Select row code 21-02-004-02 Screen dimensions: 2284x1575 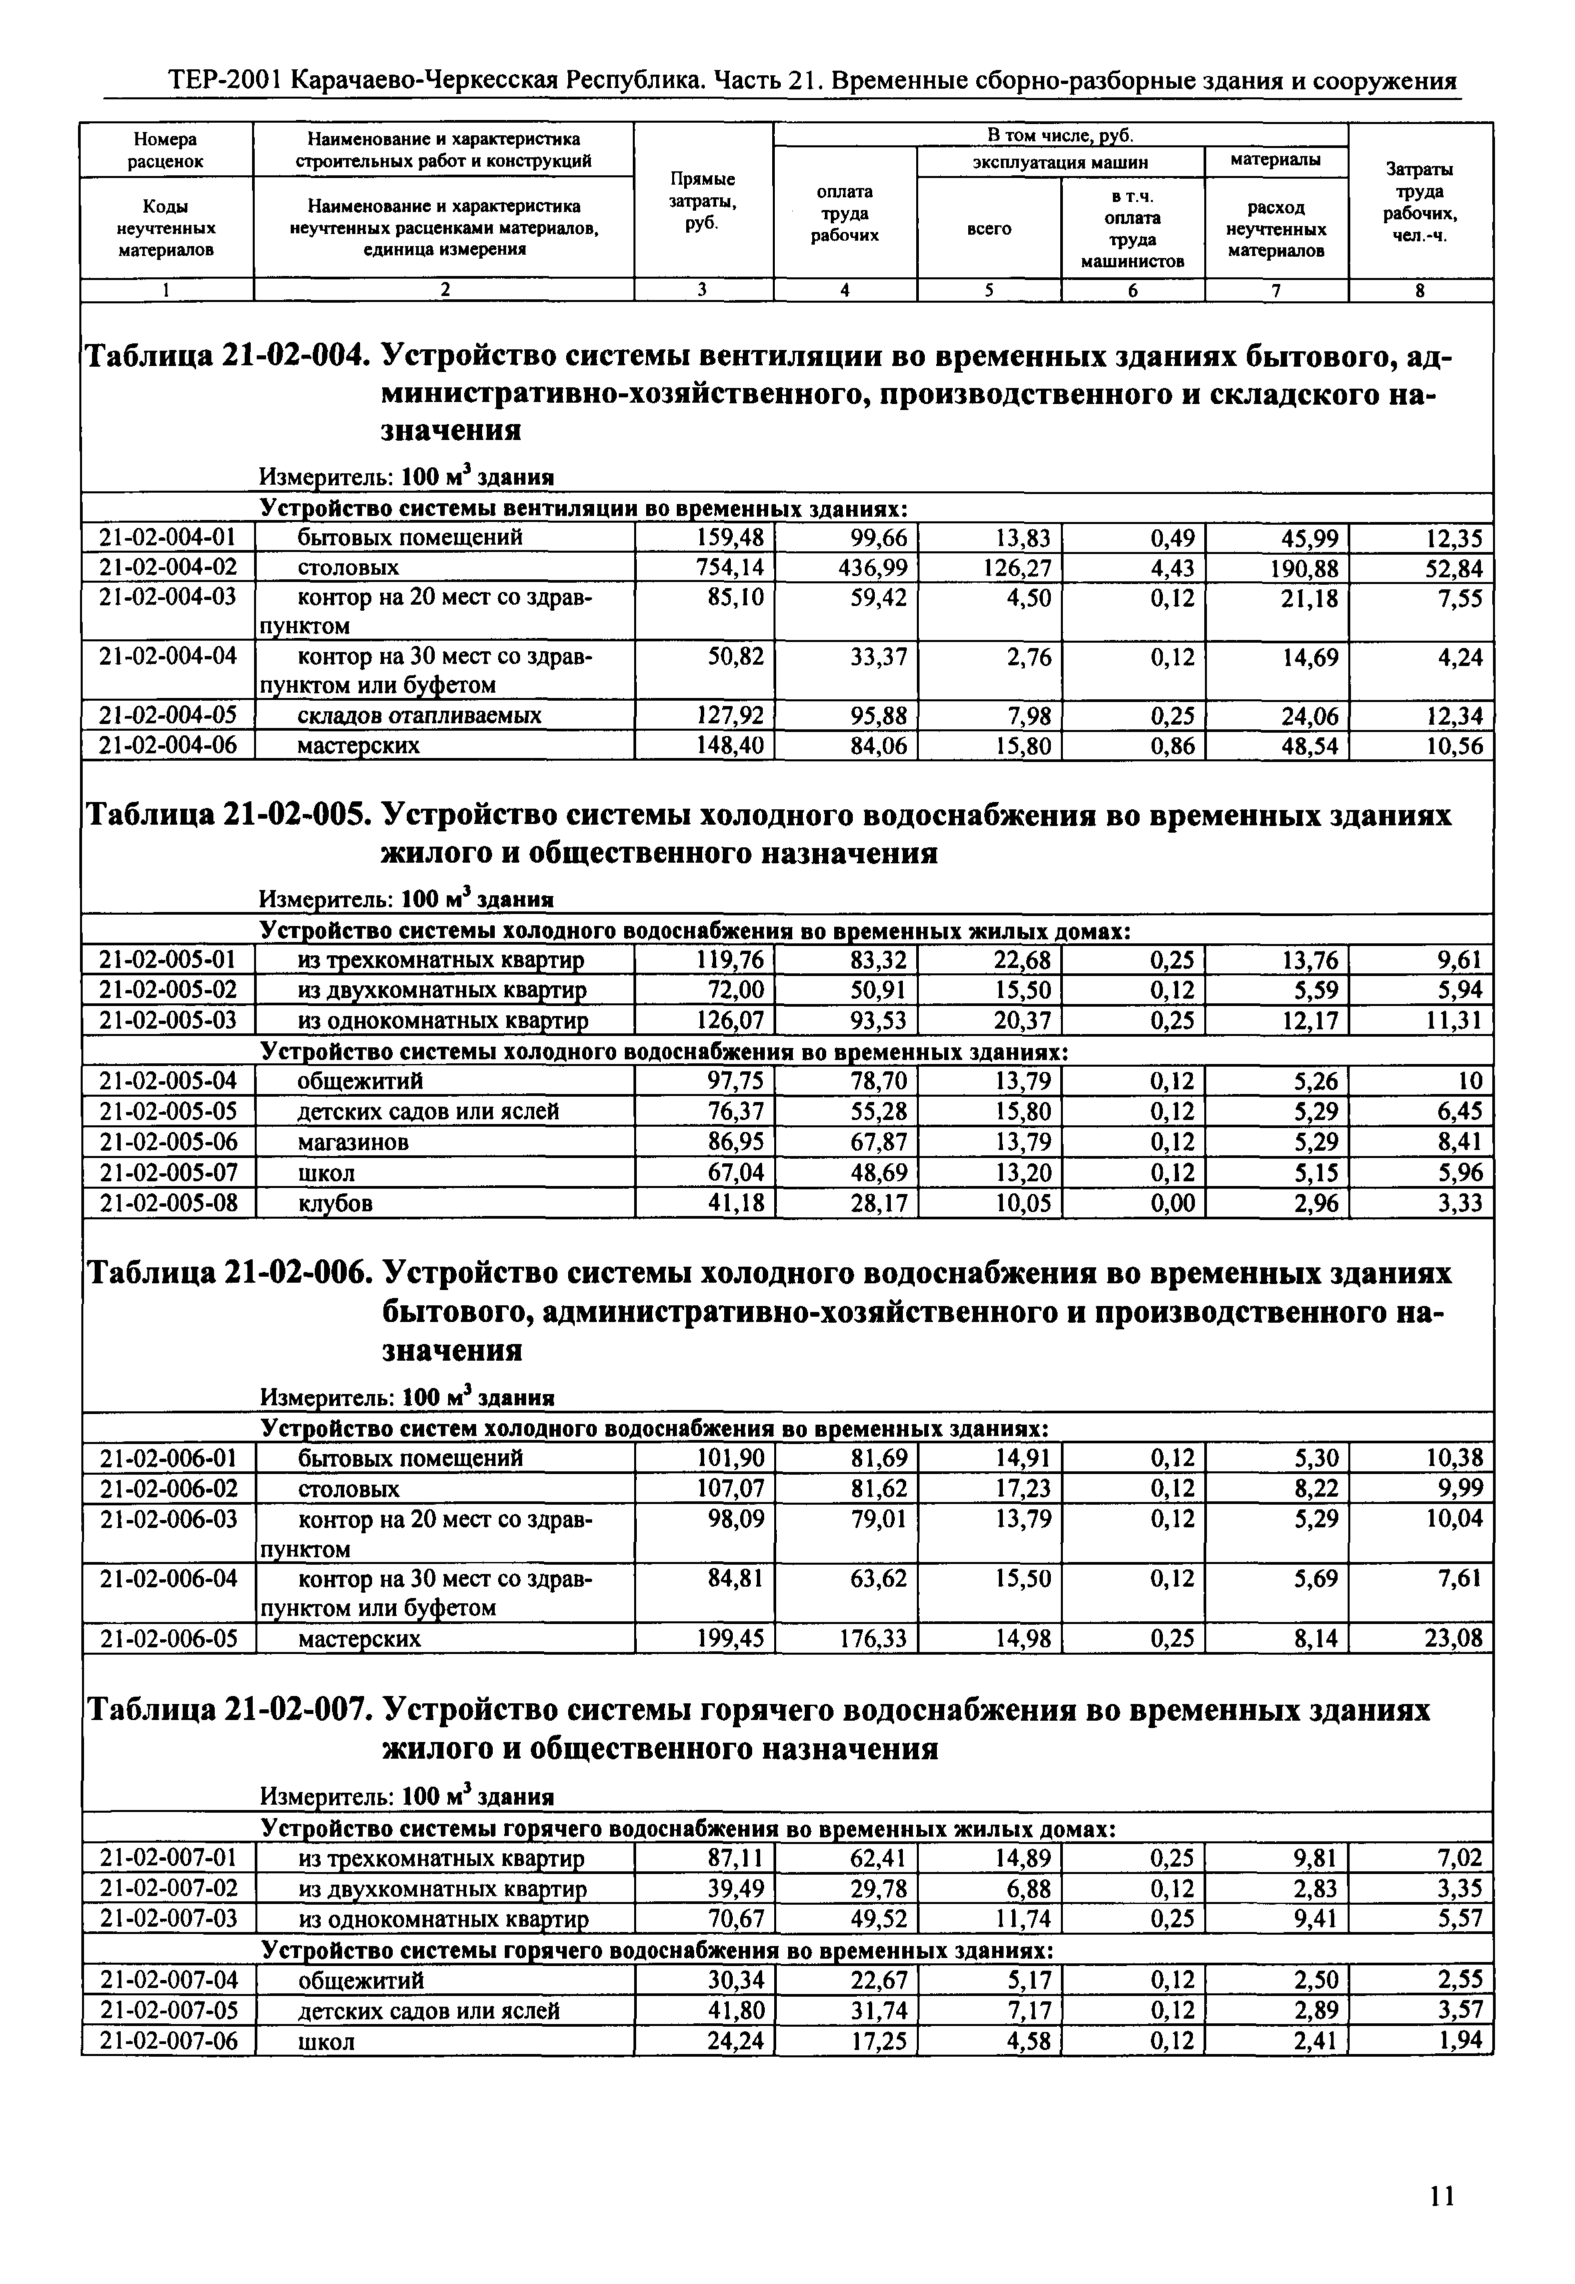point(168,567)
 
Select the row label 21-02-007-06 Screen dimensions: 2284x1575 point(169,2041)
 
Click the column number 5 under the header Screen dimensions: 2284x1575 point(989,290)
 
